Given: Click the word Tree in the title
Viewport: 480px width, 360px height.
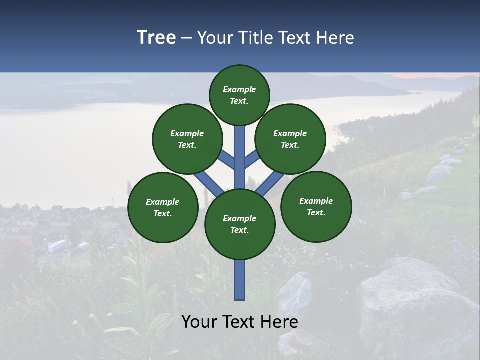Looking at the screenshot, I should (156, 38).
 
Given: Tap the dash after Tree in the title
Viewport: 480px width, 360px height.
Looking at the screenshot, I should (186, 38).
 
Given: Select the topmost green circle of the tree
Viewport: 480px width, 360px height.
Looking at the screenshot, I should (239, 95).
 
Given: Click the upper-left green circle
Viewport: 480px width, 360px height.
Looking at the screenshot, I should (187, 139).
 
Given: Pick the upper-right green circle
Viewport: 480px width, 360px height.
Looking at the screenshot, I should (290, 139).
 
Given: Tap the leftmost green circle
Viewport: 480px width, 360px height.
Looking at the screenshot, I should (163, 207).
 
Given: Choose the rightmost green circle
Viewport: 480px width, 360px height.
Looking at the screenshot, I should (316, 206).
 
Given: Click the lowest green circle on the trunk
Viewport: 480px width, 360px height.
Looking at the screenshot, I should (240, 224).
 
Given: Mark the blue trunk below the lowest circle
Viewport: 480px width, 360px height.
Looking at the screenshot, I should (240, 280).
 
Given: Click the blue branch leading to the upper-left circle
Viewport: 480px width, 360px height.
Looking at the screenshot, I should (226, 159).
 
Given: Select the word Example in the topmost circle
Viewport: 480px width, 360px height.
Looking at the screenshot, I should (239, 89).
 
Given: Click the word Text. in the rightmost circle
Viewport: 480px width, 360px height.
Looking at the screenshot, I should (316, 212).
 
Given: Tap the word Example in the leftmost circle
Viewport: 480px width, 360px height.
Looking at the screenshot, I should (163, 202).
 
